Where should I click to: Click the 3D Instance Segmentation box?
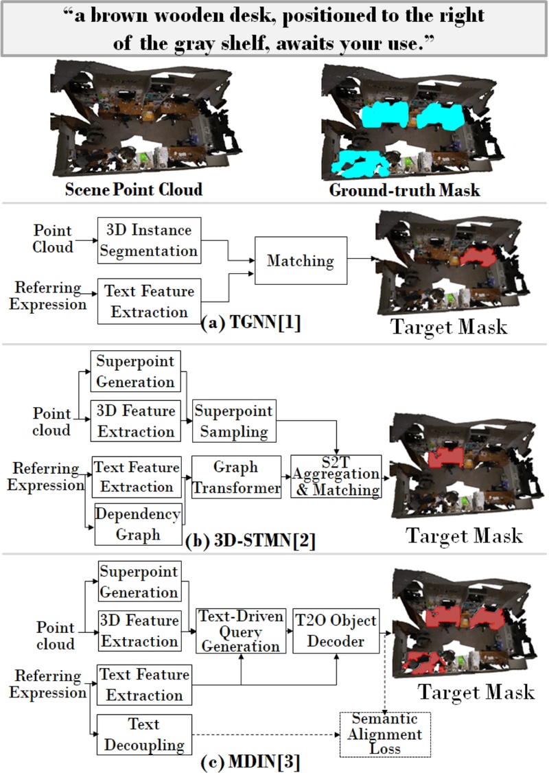[x=148, y=241]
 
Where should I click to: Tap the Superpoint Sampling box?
[x=233, y=421]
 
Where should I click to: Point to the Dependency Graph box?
[x=137, y=524]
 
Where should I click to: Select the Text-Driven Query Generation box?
[x=240, y=630]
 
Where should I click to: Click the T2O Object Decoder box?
[x=336, y=630]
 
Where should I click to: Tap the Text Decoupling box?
[x=143, y=734]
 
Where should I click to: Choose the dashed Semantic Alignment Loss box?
[x=386, y=734]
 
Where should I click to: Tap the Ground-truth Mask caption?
[x=404, y=190]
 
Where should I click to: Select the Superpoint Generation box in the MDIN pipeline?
[x=139, y=581]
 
